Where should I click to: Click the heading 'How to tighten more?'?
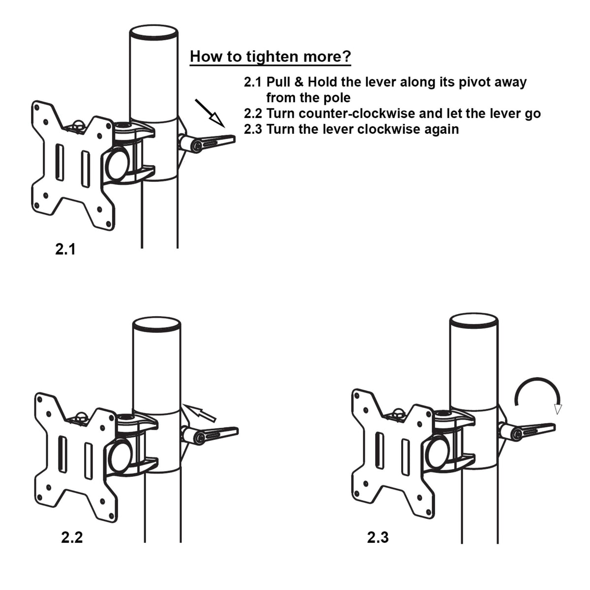(270, 57)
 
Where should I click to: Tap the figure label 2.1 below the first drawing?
(65, 249)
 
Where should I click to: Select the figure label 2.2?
(72, 537)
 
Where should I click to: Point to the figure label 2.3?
(378, 537)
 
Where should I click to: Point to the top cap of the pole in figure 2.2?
(156, 324)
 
